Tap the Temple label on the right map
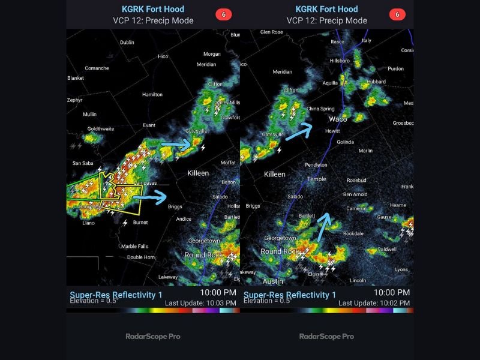click(316, 179)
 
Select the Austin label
click(273, 281)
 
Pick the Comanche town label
click(97, 68)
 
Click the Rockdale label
click(353, 233)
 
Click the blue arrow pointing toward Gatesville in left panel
click(176, 145)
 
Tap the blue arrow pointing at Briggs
click(149, 196)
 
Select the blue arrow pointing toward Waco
click(298, 131)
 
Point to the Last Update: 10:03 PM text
click(202, 303)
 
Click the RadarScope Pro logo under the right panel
click(326, 336)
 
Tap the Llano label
click(89, 223)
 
